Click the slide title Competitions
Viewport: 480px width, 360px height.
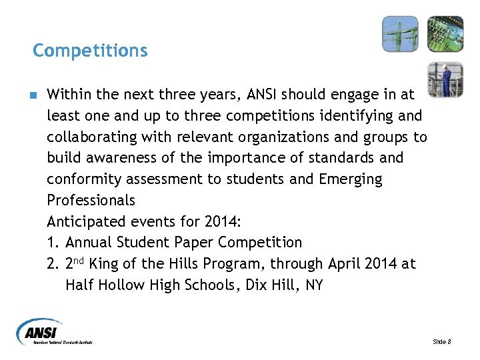click(x=90, y=50)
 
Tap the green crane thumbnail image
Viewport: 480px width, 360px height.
click(x=400, y=34)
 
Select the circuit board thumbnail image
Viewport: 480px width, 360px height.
click(x=445, y=34)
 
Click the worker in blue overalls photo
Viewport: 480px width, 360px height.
click(x=445, y=79)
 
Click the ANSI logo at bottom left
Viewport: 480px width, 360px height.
click(x=55, y=331)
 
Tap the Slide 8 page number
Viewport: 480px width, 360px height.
click(x=442, y=341)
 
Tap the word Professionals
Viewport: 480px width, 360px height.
click(x=91, y=201)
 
